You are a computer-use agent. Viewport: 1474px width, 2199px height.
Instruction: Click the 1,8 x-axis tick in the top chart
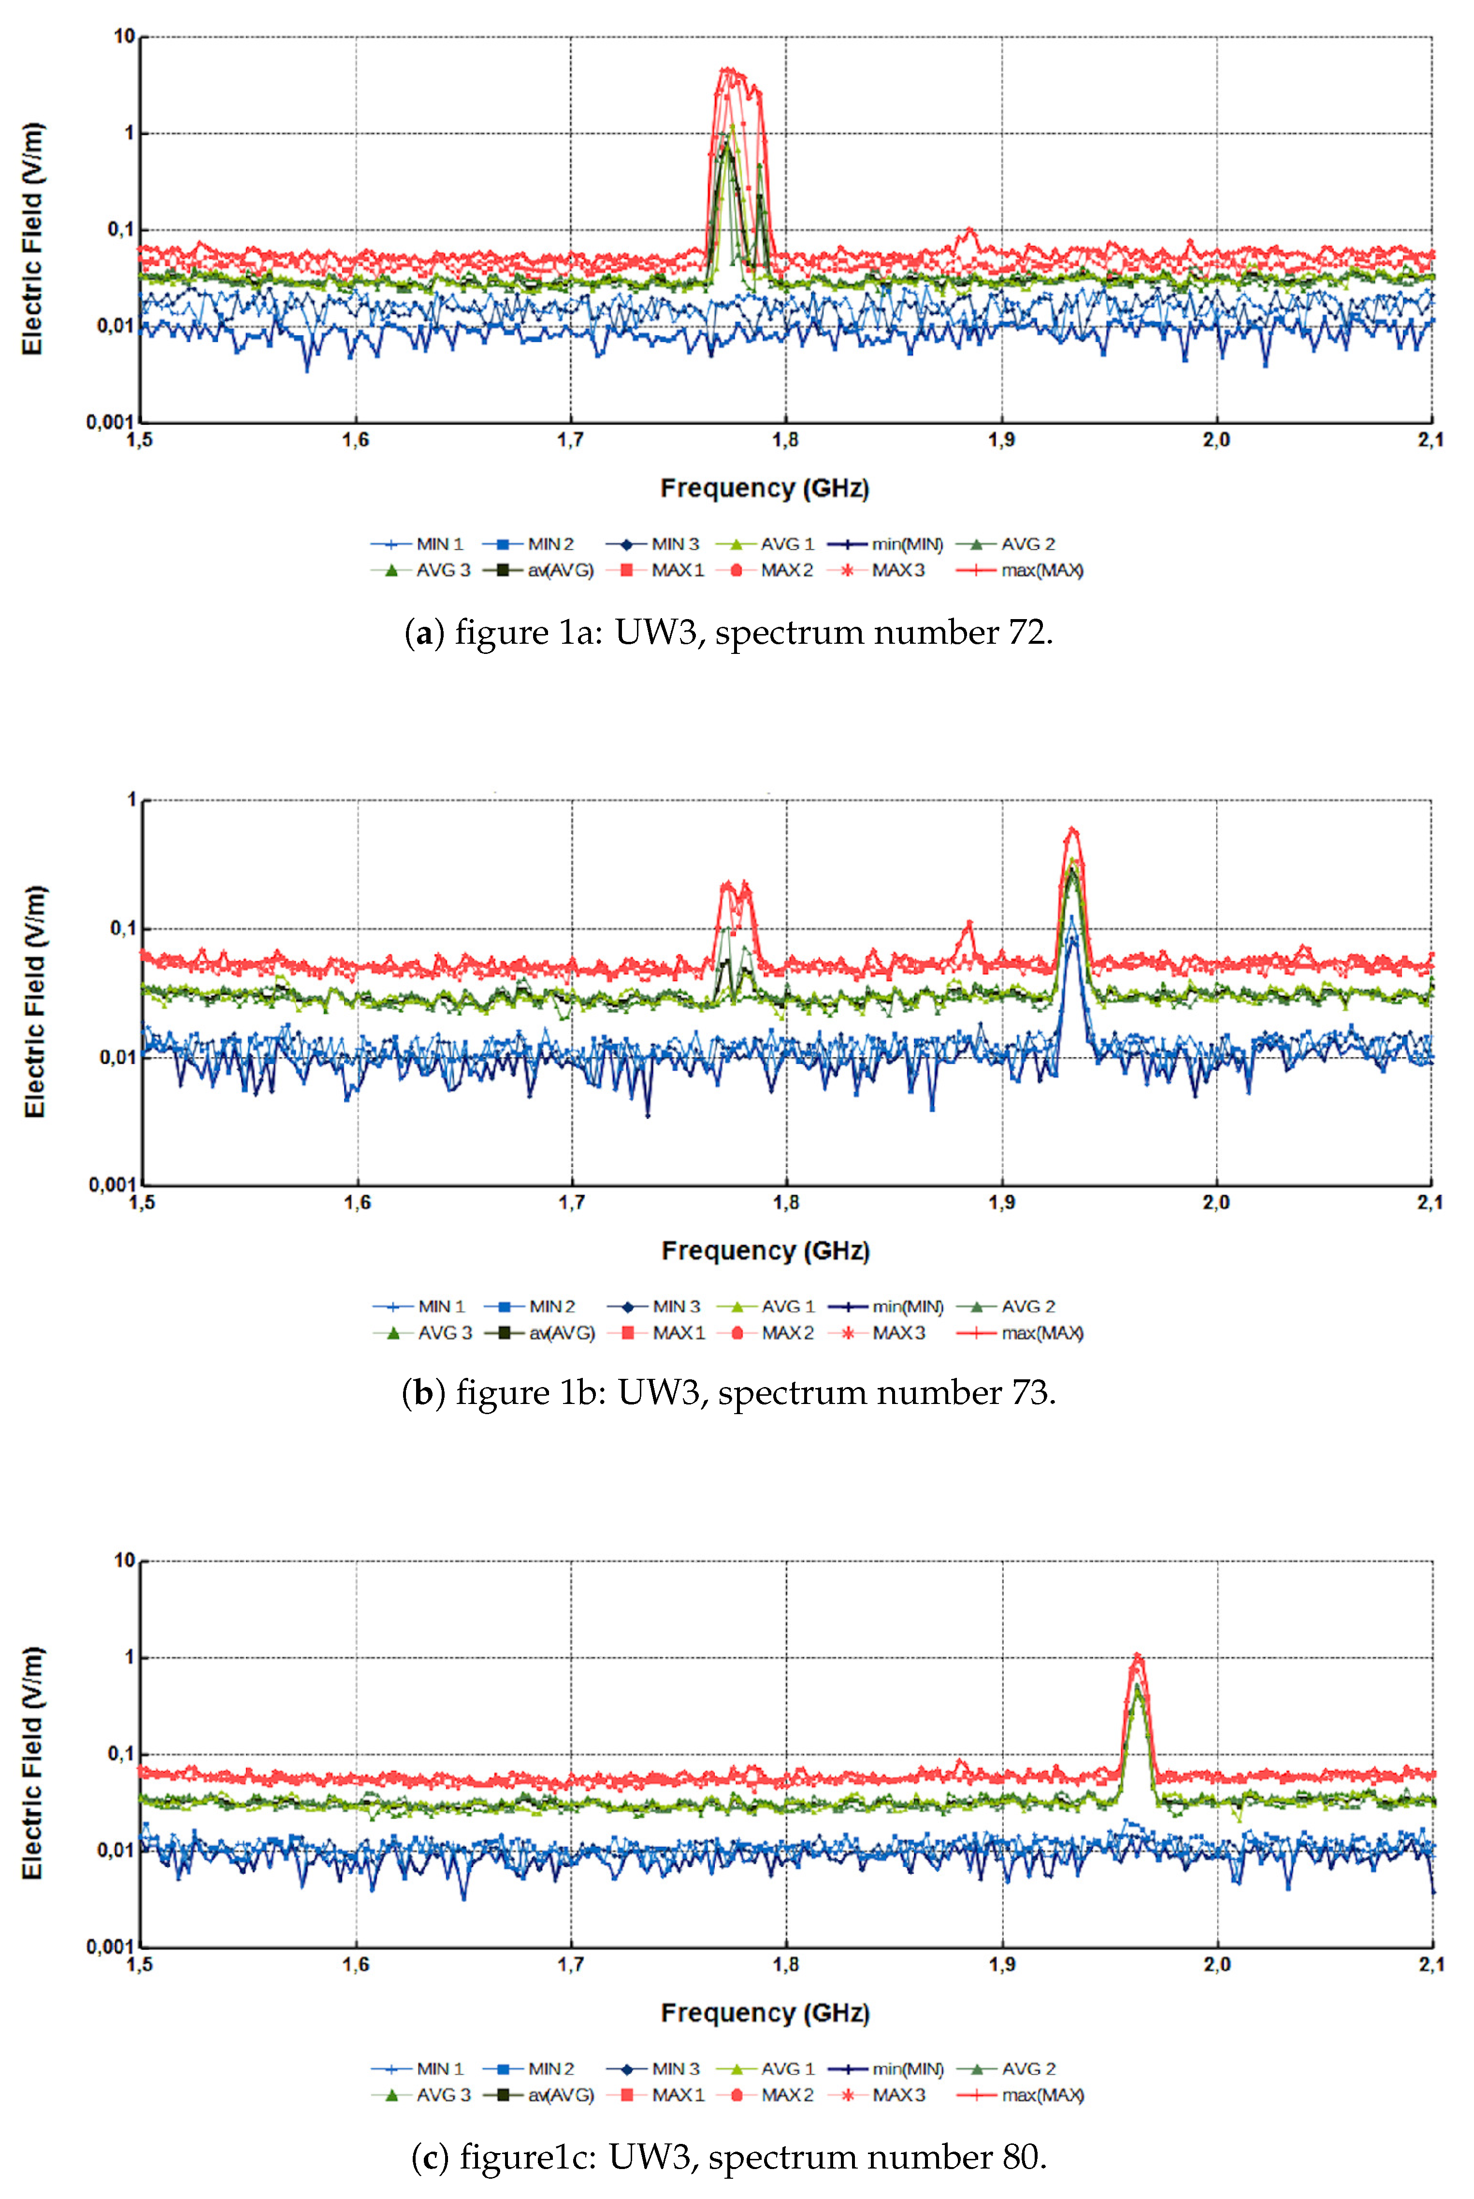[786, 440]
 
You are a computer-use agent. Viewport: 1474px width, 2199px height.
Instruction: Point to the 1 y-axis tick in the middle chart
[131, 800]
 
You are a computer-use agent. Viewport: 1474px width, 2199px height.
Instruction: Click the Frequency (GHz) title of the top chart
[764, 488]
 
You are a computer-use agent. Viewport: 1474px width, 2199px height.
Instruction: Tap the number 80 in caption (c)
[1020, 2156]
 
